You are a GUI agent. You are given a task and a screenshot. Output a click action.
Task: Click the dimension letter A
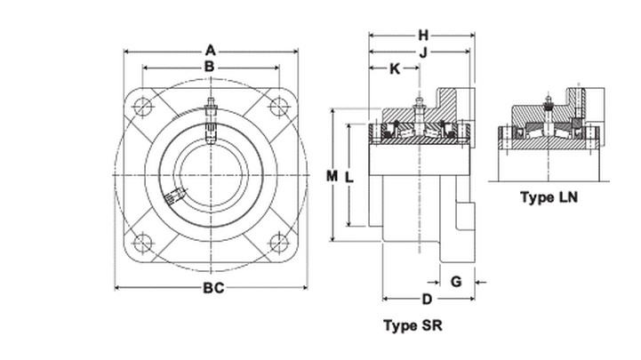(210, 51)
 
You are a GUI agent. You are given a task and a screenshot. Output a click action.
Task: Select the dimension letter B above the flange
(209, 66)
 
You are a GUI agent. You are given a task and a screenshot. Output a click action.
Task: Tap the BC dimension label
(213, 288)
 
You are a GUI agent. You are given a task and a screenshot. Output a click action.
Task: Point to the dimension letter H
(423, 36)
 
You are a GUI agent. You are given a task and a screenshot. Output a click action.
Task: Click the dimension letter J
(423, 52)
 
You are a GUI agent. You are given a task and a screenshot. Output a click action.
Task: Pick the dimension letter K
(395, 69)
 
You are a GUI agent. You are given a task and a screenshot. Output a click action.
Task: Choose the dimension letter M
(332, 176)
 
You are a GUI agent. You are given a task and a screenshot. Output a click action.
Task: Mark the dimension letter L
(349, 178)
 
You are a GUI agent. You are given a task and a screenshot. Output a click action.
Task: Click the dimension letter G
(456, 282)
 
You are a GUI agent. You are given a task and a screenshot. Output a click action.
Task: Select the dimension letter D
(427, 300)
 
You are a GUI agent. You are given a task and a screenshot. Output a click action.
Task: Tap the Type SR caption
(413, 325)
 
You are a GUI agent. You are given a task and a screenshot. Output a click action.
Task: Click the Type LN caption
(549, 197)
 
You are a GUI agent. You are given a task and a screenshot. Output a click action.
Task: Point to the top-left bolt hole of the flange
(142, 108)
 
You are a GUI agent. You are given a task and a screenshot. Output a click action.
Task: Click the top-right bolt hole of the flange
(279, 107)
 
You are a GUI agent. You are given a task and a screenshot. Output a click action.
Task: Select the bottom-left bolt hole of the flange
(142, 243)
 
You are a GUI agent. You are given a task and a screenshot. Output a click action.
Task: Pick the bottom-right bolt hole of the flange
(279, 243)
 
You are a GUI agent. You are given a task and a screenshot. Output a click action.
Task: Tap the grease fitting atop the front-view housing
(211, 107)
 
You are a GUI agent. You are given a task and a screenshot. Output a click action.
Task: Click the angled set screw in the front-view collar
(175, 196)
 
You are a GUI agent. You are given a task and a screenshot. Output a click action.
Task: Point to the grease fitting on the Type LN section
(549, 102)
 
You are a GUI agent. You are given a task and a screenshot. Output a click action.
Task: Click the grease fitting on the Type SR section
(419, 105)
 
